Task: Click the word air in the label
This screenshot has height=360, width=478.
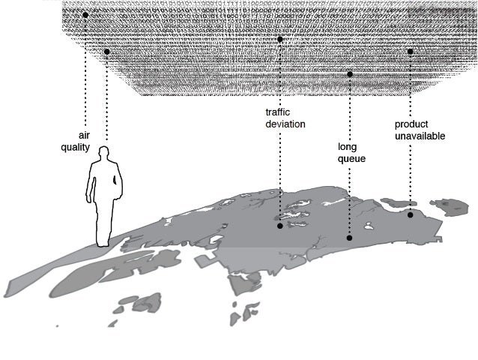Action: point(83,136)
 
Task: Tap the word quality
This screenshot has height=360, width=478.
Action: point(76,148)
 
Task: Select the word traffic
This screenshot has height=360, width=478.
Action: point(278,112)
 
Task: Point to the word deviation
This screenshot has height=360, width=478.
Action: point(285,124)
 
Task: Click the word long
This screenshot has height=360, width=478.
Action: point(346,148)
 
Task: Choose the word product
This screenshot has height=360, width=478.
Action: point(411,124)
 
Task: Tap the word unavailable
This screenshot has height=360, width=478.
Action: point(420,136)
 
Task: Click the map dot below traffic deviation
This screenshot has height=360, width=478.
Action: point(280,225)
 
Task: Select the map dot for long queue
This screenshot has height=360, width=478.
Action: point(349,238)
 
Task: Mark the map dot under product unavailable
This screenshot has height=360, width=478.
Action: point(411,215)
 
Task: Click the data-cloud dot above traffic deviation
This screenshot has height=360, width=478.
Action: point(279,39)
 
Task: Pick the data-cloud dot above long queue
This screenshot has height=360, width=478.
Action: point(350,74)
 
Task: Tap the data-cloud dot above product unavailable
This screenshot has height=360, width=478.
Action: point(411,52)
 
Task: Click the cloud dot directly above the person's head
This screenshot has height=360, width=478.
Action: point(107,52)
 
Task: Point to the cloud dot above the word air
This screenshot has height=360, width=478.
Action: point(85,15)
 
